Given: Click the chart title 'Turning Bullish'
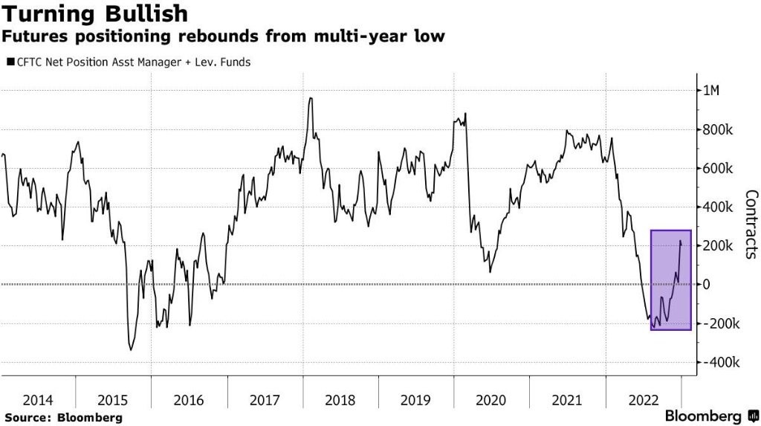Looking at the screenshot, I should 94,13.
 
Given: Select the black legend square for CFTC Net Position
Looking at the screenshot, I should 10,62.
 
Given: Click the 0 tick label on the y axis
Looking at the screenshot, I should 709,285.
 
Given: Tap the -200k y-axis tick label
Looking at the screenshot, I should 722,324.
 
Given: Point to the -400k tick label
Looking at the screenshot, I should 722,363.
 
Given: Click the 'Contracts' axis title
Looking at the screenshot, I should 751,224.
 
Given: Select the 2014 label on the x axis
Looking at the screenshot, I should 37,400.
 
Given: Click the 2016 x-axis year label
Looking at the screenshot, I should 189,400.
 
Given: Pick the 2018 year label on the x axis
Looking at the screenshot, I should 340,400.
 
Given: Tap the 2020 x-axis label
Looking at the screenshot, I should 491,400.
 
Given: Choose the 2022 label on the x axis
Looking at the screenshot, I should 643,400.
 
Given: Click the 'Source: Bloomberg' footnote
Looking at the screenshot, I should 62,418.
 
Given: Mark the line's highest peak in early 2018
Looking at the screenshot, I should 310,98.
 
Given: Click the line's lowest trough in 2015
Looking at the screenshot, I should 131,349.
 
